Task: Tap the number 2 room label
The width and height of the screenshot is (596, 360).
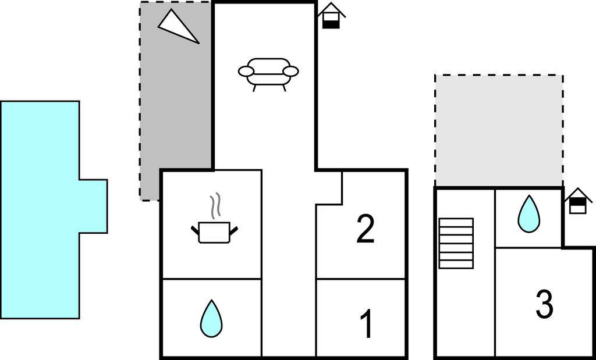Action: point(366,229)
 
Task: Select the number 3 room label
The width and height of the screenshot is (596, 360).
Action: point(544,304)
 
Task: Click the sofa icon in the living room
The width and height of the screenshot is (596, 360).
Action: point(268,74)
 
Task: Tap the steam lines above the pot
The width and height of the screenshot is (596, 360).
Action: point(215,206)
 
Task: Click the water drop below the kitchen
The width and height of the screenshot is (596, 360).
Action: point(211,318)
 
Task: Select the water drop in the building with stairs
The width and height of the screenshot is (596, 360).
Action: point(528,214)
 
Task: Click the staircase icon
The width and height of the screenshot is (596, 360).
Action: point(456,244)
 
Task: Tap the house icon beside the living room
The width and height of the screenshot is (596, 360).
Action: point(331,16)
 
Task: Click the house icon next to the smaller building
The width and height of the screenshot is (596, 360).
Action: point(578,201)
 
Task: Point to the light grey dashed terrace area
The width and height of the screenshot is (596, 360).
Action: point(499,131)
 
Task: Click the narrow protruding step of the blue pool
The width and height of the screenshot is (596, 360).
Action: point(93,206)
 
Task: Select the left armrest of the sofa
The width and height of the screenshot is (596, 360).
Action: point(246,71)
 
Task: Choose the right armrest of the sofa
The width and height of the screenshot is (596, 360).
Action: point(291,71)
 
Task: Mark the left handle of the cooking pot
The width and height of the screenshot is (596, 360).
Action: point(195,230)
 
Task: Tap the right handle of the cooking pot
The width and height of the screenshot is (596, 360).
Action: point(234,230)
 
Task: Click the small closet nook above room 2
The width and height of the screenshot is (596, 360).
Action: point(329,188)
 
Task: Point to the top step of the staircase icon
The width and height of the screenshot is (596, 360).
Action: point(456,223)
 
